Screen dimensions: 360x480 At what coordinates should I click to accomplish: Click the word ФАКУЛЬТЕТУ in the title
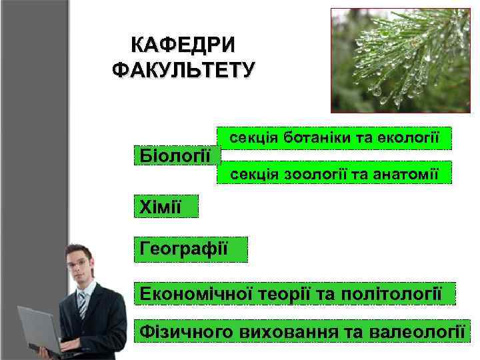[x=183, y=69]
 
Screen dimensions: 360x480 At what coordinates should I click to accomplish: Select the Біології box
[x=177, y=155]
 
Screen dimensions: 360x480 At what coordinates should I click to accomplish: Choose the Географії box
[x=190, y=249]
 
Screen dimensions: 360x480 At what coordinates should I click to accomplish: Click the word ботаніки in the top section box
[x=309, y=138]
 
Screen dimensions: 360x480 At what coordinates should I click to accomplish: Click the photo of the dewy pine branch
[x=400, y=61]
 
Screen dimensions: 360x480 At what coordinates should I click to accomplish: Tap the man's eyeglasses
[x=78, y=263]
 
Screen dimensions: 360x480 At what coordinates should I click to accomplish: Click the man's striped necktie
[x=82, y=304]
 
